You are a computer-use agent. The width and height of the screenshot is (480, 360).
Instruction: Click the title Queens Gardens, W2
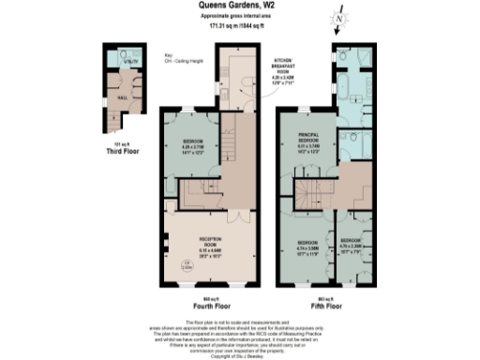[239, 6]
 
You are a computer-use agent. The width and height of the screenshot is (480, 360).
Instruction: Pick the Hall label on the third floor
[121, 97]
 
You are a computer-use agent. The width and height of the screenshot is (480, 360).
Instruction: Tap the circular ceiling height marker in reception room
[187, 266]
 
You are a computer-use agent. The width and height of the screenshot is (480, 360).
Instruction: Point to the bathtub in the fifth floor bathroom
[357, 95]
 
